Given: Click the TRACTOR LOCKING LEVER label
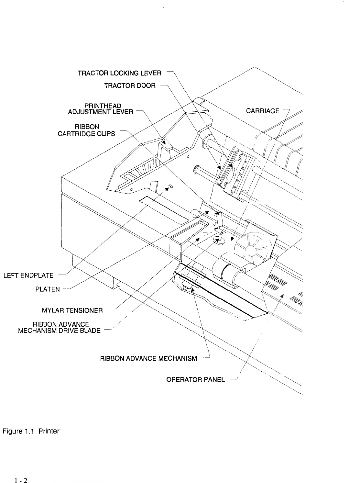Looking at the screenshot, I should tap(119, 73).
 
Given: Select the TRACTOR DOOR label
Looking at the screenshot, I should tap(130, 86).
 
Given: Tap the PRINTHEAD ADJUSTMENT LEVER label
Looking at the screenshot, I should tap(100, 109).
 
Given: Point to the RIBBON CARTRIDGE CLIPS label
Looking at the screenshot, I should tap(86, 130).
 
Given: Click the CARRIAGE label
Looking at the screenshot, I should tap(263, 111).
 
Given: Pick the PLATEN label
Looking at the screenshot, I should tap(48, 289).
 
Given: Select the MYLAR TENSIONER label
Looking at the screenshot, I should tap(72, 311).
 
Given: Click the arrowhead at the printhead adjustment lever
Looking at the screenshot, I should tap(164, 142).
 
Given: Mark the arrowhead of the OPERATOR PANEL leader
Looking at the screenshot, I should tap(282, 296).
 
